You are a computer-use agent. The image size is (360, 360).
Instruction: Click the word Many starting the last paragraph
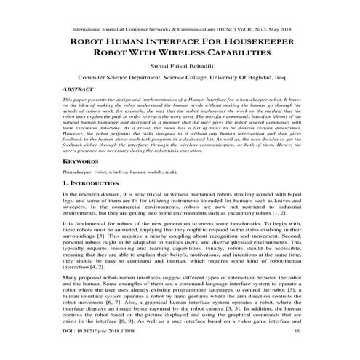71,298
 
